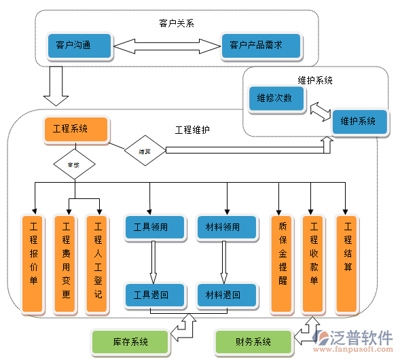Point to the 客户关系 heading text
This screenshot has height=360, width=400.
coord(176,24)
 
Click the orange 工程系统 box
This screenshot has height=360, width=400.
coord(75,130)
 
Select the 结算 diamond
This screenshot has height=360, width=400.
coord(145,151)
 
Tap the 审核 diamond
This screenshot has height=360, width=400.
coord(73,164)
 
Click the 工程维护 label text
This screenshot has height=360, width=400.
coord(192,130)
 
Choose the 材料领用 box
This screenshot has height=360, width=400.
coord(227,228)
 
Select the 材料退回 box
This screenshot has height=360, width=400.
coord(227,295)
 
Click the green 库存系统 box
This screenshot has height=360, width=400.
coord(130,342)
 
